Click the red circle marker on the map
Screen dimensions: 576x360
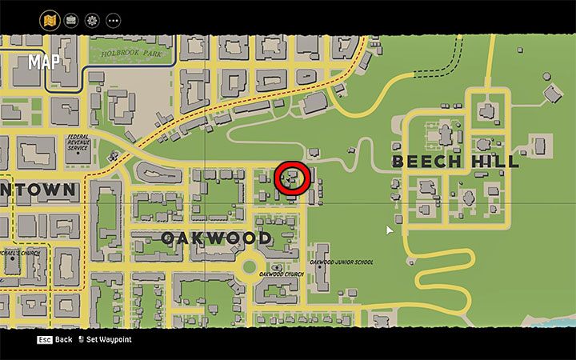[292, 179]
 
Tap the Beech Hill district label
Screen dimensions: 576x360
[454, 162]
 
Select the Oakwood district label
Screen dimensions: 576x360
[216, 238]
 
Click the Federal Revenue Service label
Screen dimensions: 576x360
[78, 143]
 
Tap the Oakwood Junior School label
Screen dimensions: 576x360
[342, 262]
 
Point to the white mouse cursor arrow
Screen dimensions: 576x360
[390, 230]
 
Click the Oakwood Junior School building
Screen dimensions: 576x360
[321, 266]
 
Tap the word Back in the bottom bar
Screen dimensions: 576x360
[64, 339]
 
